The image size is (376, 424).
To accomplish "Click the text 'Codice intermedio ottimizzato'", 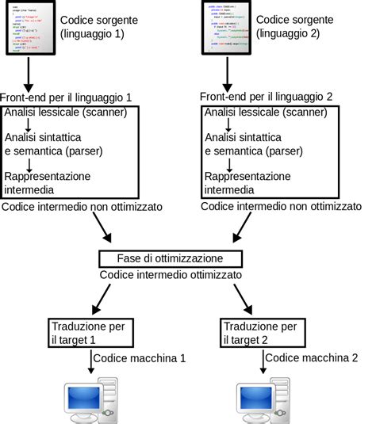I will pyautogui.click(x=171, y=275).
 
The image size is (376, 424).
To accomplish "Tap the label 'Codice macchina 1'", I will pyautogui.click(x=140, y=359).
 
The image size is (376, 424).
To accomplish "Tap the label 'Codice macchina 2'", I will pyautogui.click(x=310, y=359).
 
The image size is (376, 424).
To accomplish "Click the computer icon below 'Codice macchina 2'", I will pyautogui.click(x=262, y=403).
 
